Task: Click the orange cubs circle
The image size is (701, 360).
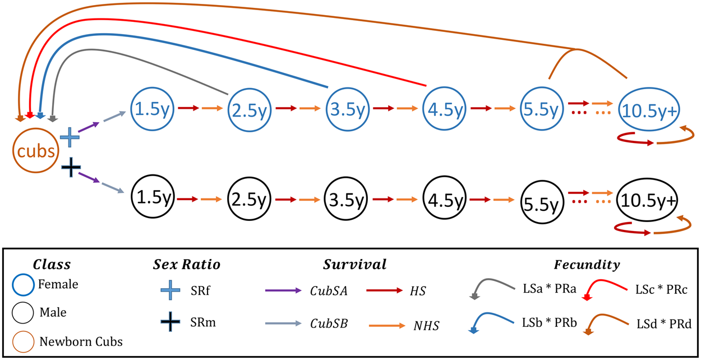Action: pyautogui.click(x=35, y=150)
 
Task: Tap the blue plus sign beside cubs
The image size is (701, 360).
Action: pyautogui.click(x=70, y=137)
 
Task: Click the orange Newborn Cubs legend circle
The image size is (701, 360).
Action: pyautogui.click(x=27, y=340)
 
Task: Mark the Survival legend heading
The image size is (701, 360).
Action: pyautogui.click(x=354, y=264)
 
